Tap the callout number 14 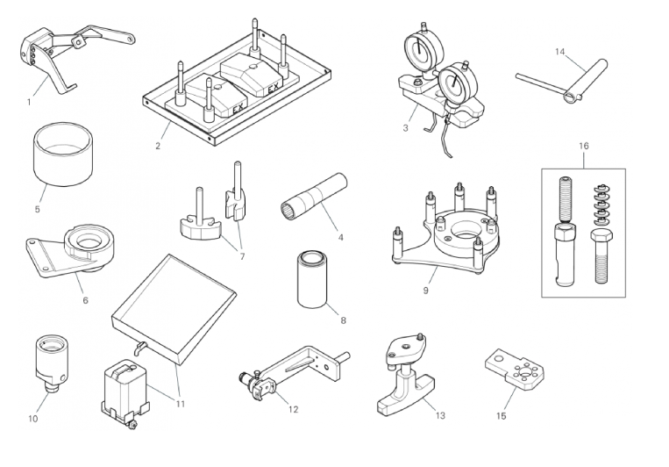pyautogui.click(x=559, y=52)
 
